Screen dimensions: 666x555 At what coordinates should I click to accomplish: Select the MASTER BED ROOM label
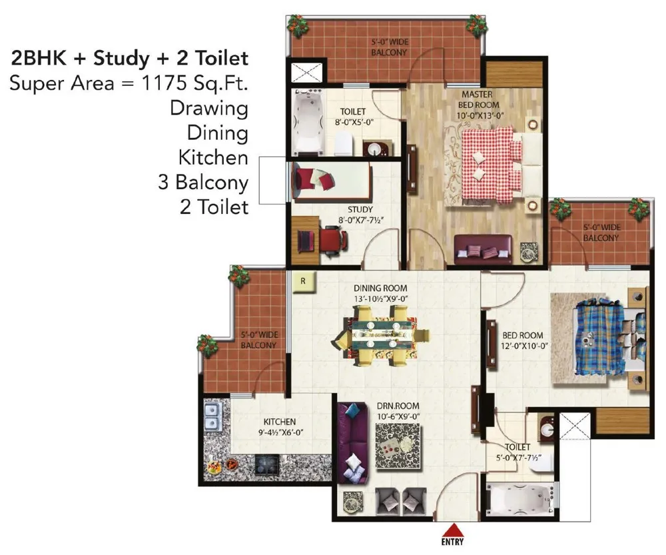click(478, 99)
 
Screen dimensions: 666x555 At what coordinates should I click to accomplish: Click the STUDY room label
click(360, 209)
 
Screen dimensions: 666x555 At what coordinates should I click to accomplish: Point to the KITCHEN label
click(280, 422)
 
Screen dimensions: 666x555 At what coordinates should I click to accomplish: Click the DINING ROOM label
click(380, 288)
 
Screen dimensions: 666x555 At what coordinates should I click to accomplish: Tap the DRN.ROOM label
click(398, 406)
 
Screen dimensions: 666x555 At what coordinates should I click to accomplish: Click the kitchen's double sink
click(212, 416)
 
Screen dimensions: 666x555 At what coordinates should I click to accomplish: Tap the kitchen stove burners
click(267, 464)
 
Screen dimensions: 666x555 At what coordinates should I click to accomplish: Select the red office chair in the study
click(334, 240)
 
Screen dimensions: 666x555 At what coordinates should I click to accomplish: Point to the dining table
click(382, 336)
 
